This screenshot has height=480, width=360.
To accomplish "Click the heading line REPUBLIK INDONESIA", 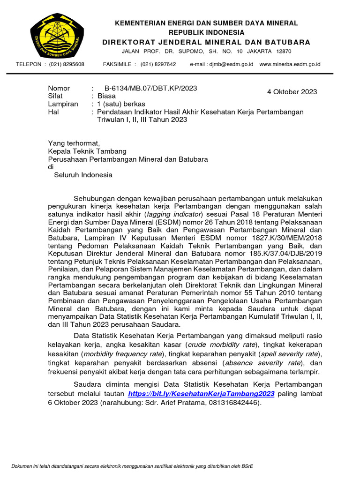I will coord(207,32).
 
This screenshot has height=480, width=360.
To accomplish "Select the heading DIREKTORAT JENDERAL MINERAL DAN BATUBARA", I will coord(207,42).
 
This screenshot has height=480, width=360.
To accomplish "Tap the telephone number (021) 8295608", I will coord(67,64).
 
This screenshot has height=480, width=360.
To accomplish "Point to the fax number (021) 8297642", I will coord(158,64).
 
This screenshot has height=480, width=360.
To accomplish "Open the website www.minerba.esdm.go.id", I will coord(290,64).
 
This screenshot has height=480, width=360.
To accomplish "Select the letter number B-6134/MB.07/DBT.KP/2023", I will coord(147,88).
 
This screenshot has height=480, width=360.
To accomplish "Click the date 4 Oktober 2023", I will coord(292,92).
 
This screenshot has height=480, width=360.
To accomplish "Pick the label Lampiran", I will coord(63,104).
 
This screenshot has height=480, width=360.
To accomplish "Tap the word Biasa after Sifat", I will coord(106,96).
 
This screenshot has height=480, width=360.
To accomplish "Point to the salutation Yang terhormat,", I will coord(74,143).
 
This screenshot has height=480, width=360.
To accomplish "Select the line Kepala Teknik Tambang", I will coord(87,151).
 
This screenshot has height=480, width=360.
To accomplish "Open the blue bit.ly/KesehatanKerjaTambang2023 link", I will coord(201,394).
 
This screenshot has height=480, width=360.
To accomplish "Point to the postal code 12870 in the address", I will coord(284,51).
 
